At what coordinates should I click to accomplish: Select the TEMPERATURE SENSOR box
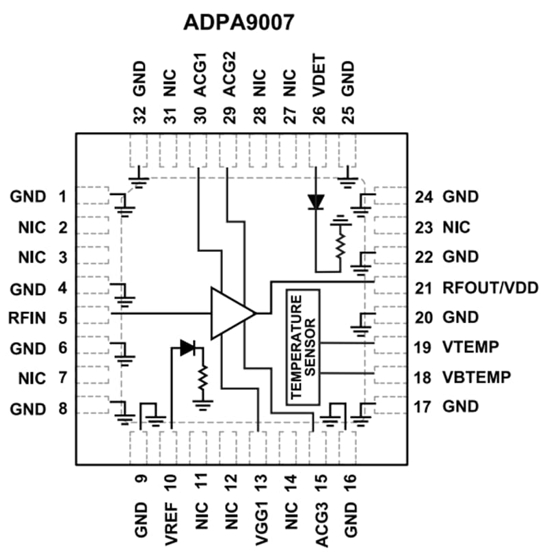click(302, 347)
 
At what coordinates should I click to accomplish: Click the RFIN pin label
click(28, 318)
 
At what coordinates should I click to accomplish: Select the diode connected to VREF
click(187, 348)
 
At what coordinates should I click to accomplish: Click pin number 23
click(423, 227)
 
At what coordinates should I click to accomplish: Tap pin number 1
click(62, 197)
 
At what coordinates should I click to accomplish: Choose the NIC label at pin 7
click(32, 378)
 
